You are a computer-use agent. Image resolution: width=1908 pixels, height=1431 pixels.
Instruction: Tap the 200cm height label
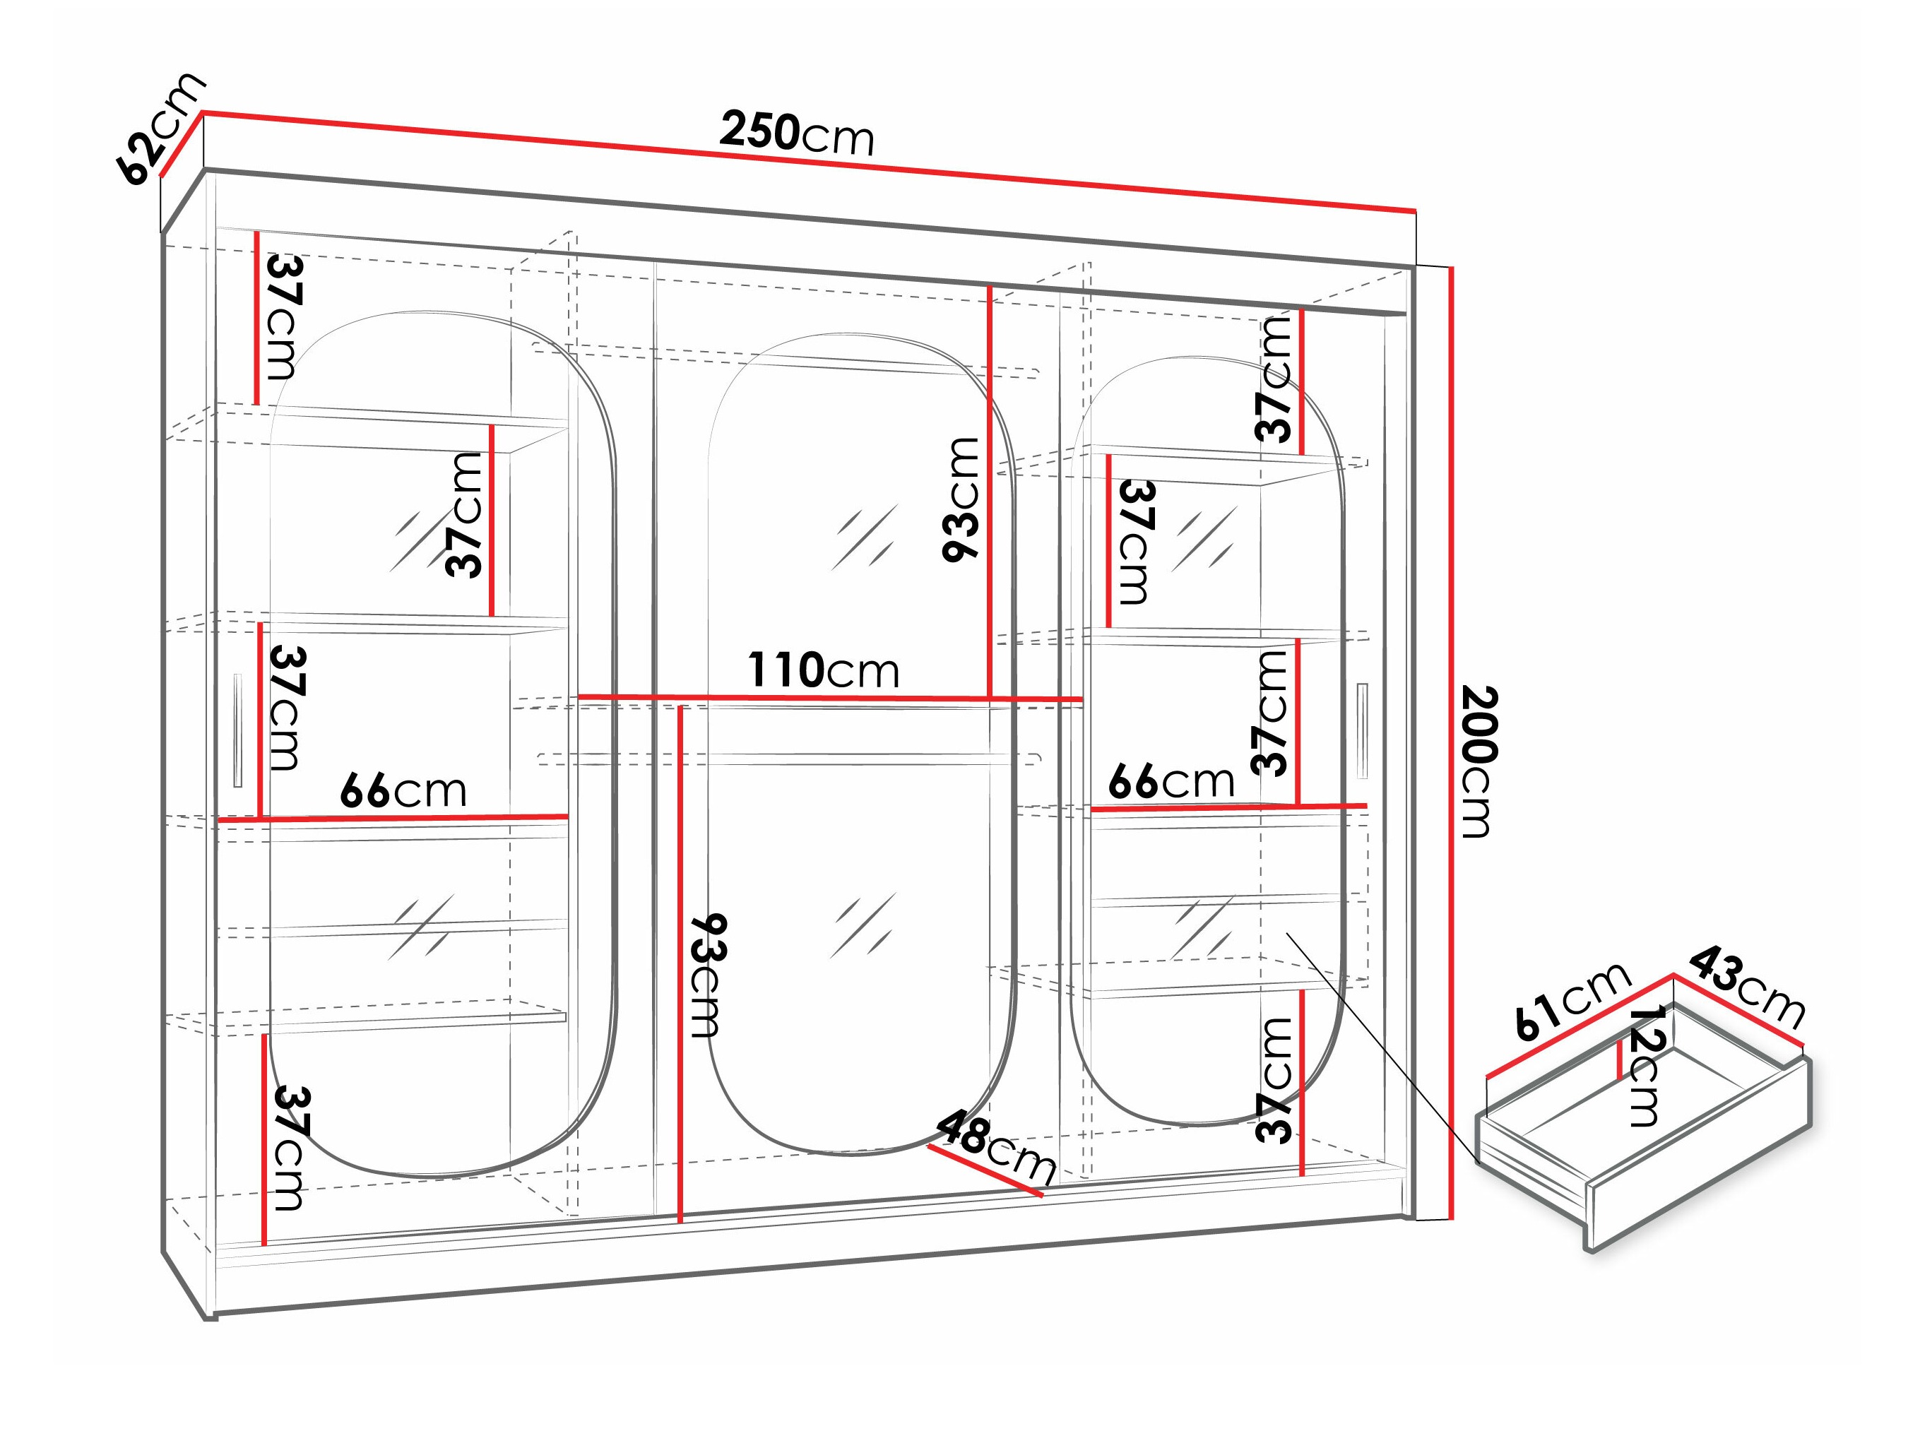click(1478, 761)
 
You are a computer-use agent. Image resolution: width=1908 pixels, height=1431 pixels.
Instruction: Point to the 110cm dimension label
click(823, 671)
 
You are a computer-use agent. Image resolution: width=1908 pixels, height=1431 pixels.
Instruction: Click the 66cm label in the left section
click(403, 791)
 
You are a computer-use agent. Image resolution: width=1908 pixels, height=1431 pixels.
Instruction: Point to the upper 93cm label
click(961, 500)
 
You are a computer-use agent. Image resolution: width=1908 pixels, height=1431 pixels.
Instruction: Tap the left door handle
click(238, 730)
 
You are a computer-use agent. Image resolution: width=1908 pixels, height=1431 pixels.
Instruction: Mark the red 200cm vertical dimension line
click(1452, 742)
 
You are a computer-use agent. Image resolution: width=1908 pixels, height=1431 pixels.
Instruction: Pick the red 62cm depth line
click(182, 143)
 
